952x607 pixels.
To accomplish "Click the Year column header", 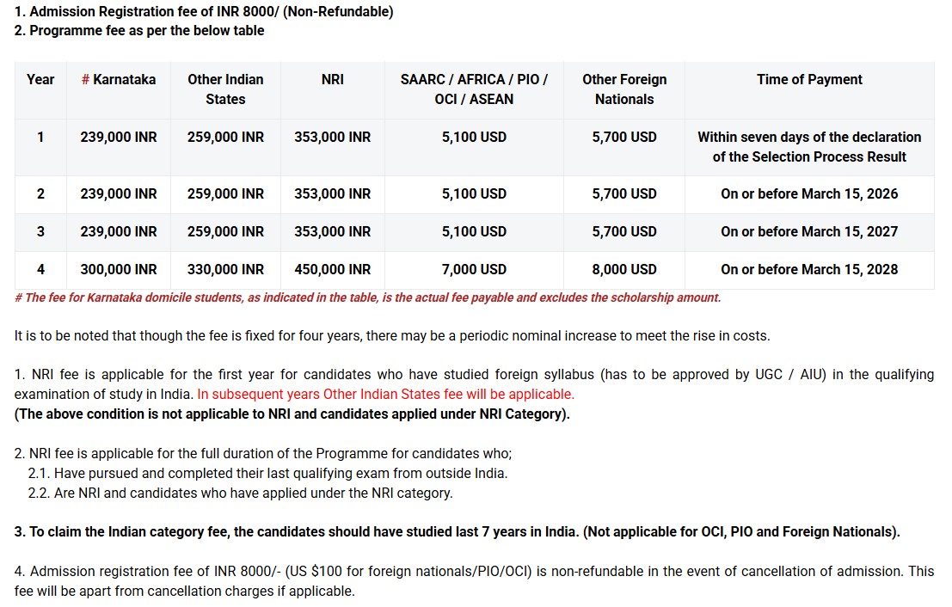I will pos(40,79).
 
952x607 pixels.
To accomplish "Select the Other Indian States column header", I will pos(225,89).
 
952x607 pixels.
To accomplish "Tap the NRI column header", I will pos(332,79).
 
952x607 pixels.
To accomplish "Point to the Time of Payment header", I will pos(809,79).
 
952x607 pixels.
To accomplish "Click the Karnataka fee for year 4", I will pos(119,269).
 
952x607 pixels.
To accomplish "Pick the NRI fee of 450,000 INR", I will pos(332,269).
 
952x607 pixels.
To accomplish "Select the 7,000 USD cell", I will pos(474,269).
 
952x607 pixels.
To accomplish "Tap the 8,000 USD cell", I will pos(623,269).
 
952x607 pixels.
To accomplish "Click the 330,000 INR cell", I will pos(225,269).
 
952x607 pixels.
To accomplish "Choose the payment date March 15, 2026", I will pos(809,193).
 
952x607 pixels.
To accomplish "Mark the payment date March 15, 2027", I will pos(809,231).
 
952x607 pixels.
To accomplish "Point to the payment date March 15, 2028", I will pos(809,269).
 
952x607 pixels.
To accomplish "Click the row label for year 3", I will pos(40,231).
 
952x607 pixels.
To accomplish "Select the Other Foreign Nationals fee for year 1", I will pos(623,137).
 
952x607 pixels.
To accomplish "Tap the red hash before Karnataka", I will pos(85,79).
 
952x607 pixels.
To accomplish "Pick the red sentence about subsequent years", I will pos(385,394).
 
